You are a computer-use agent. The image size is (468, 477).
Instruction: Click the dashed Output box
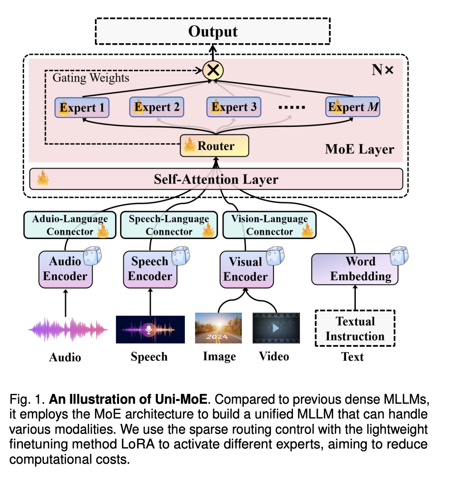tap(213, 32)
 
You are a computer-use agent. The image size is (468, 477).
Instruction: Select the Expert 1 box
tap(82, 108)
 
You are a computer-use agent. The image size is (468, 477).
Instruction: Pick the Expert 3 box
tap(233, 107)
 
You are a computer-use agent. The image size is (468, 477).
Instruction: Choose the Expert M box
tap(352, 107)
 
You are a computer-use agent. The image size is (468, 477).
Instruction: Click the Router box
tap(214, 146)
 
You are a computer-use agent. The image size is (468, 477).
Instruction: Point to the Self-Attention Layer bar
tap(216, 179)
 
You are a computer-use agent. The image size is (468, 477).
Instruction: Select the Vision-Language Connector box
tap(269, 225)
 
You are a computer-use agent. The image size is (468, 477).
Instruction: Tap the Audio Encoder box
tap(65, 268)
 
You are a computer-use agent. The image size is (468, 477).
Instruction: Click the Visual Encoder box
tap(245, 269)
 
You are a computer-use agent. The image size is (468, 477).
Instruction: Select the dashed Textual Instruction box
tap(355, 328)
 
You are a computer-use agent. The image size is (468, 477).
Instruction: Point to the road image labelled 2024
tap(218, 328)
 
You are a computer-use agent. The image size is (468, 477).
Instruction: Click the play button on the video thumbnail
tap(276, 328)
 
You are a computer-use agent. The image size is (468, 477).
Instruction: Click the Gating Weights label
tap(91, 78)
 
